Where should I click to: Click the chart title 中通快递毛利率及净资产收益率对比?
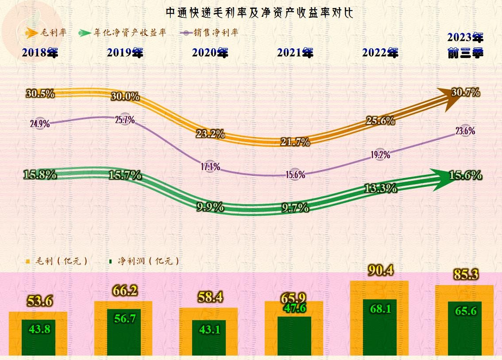click(259, 12)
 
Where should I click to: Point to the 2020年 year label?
click(210, 53)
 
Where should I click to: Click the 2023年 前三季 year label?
click(465, 45)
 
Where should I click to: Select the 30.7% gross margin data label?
click(466, 93)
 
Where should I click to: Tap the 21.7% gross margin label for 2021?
click(295, 142)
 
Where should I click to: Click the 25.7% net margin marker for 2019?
click(125, 120)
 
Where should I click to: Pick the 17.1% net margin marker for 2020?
click(210, 167)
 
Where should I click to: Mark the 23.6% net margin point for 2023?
click(465, 131)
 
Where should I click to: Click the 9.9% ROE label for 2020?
click(210, 207)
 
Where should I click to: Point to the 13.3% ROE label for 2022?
click(380, 188)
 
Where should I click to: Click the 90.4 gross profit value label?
click(380, 270)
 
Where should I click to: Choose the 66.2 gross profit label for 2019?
click(125, 291)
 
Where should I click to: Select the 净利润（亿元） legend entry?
click(144, 261)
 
